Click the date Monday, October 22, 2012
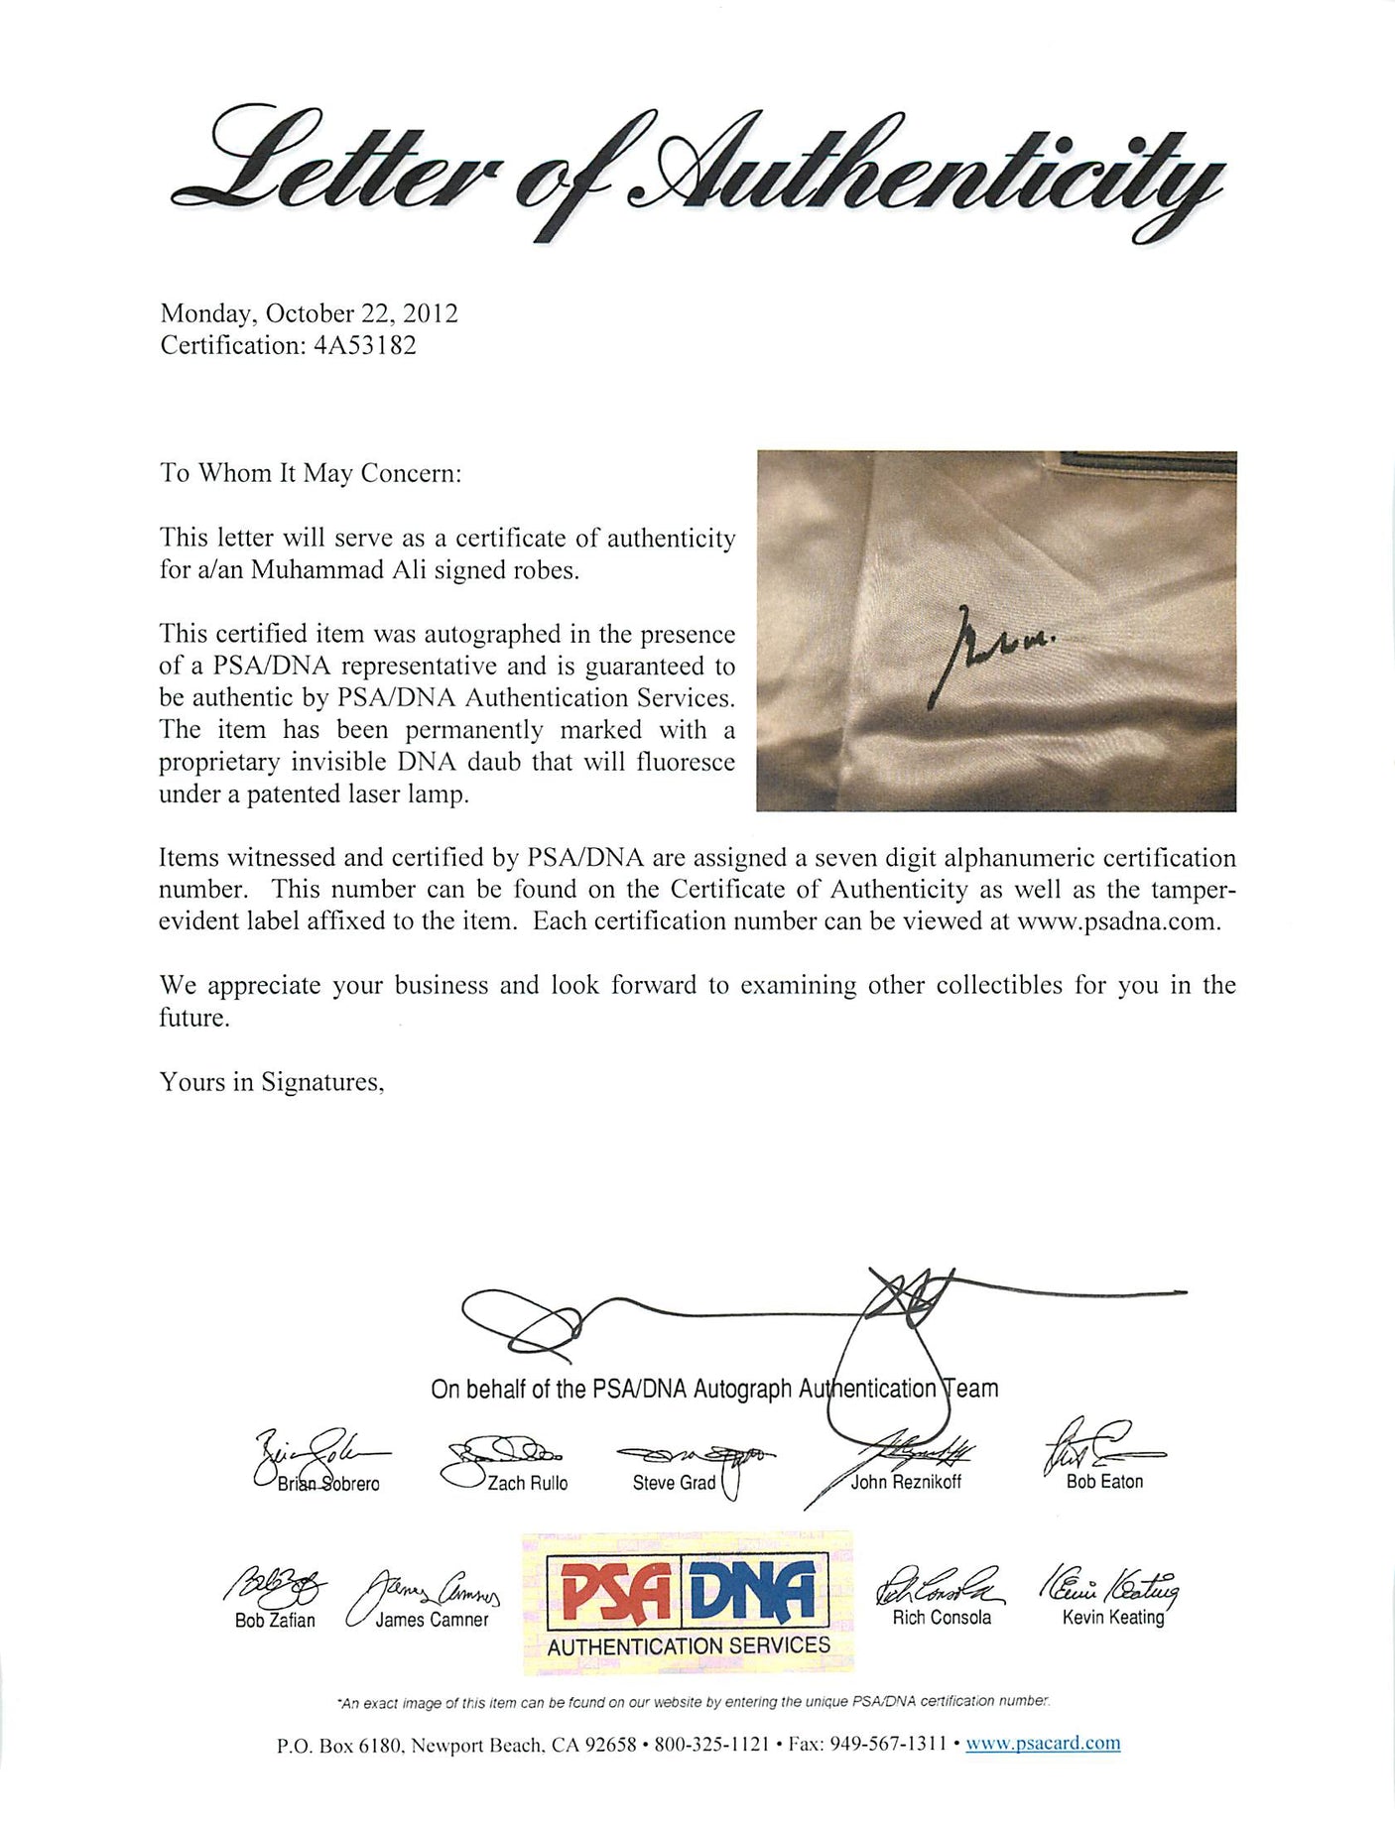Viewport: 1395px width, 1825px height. [309, 313]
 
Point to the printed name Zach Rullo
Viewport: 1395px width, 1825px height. [528, 1484]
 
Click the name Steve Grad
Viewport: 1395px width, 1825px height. [674, 1483]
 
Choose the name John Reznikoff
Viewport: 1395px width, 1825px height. [906, 1483]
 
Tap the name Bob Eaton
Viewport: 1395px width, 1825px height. [1104, 1482]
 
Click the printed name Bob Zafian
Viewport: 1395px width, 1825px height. [275, 1621]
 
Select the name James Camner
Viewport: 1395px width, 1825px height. [432, 1620]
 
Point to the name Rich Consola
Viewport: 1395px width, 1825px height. [942, 1618]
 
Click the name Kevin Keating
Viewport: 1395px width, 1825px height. [1112, 1618]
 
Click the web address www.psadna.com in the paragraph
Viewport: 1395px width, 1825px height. [1117, 921]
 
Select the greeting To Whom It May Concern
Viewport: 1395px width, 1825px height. [311, 473]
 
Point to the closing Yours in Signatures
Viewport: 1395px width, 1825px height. [272, 1082]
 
